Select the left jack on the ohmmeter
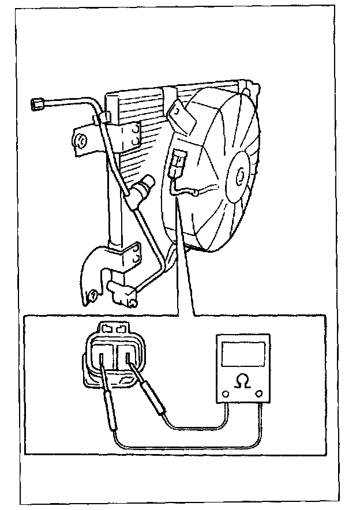[x=226, y=395]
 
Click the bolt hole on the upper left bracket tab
[x=80, y=140]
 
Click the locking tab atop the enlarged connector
[x=114, y=329]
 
